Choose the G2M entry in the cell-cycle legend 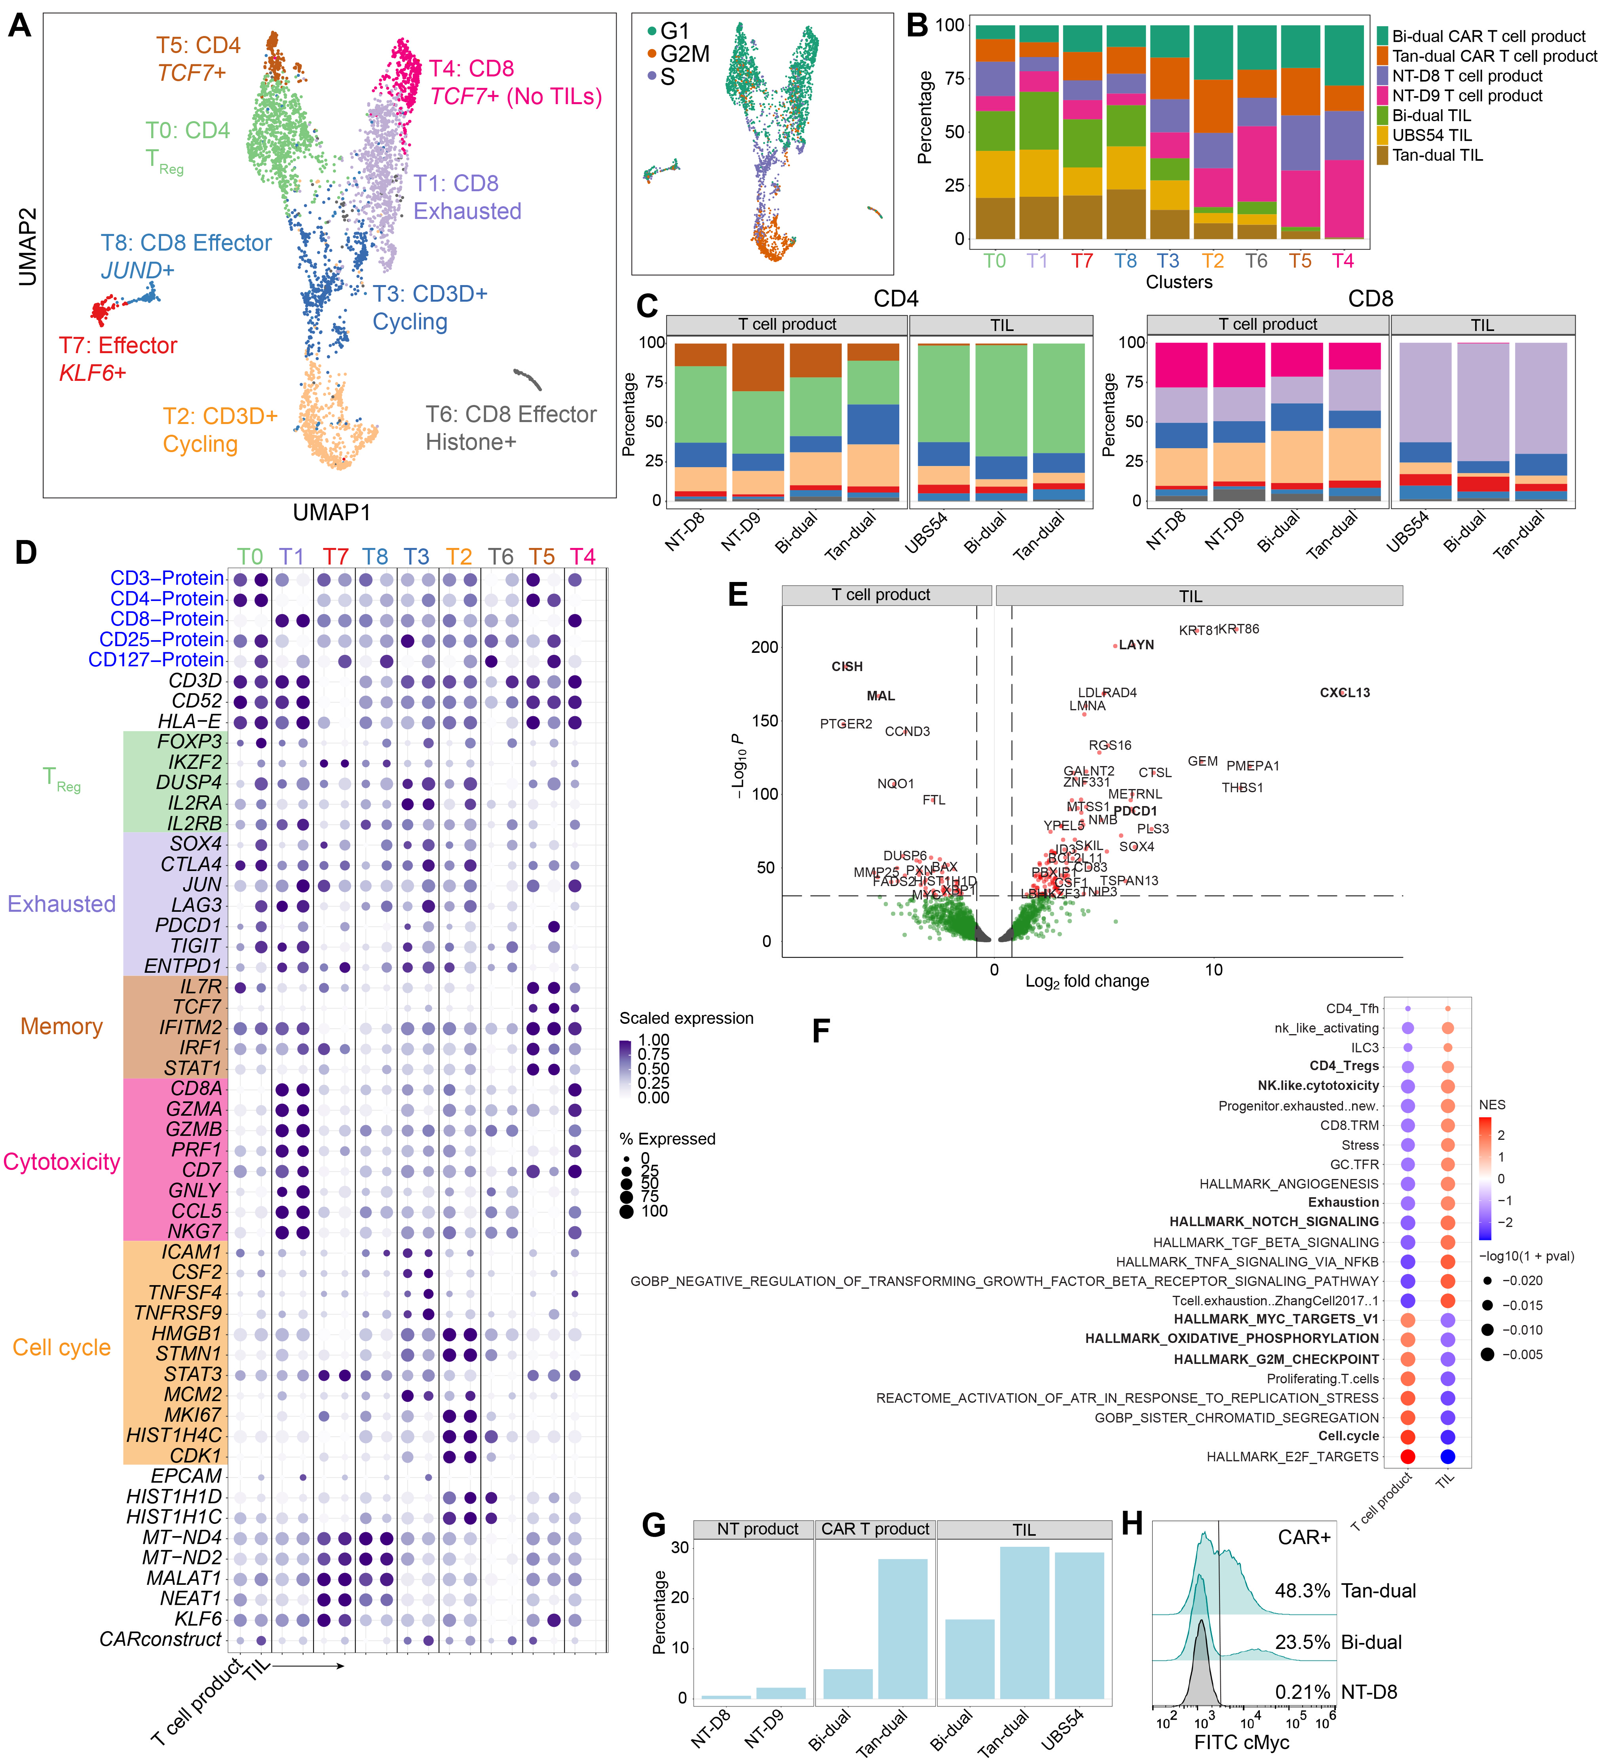click(684, 54)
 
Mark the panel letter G click(654, 1525)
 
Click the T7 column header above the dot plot click(335, 556)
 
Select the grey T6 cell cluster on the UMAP click(528, 378)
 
